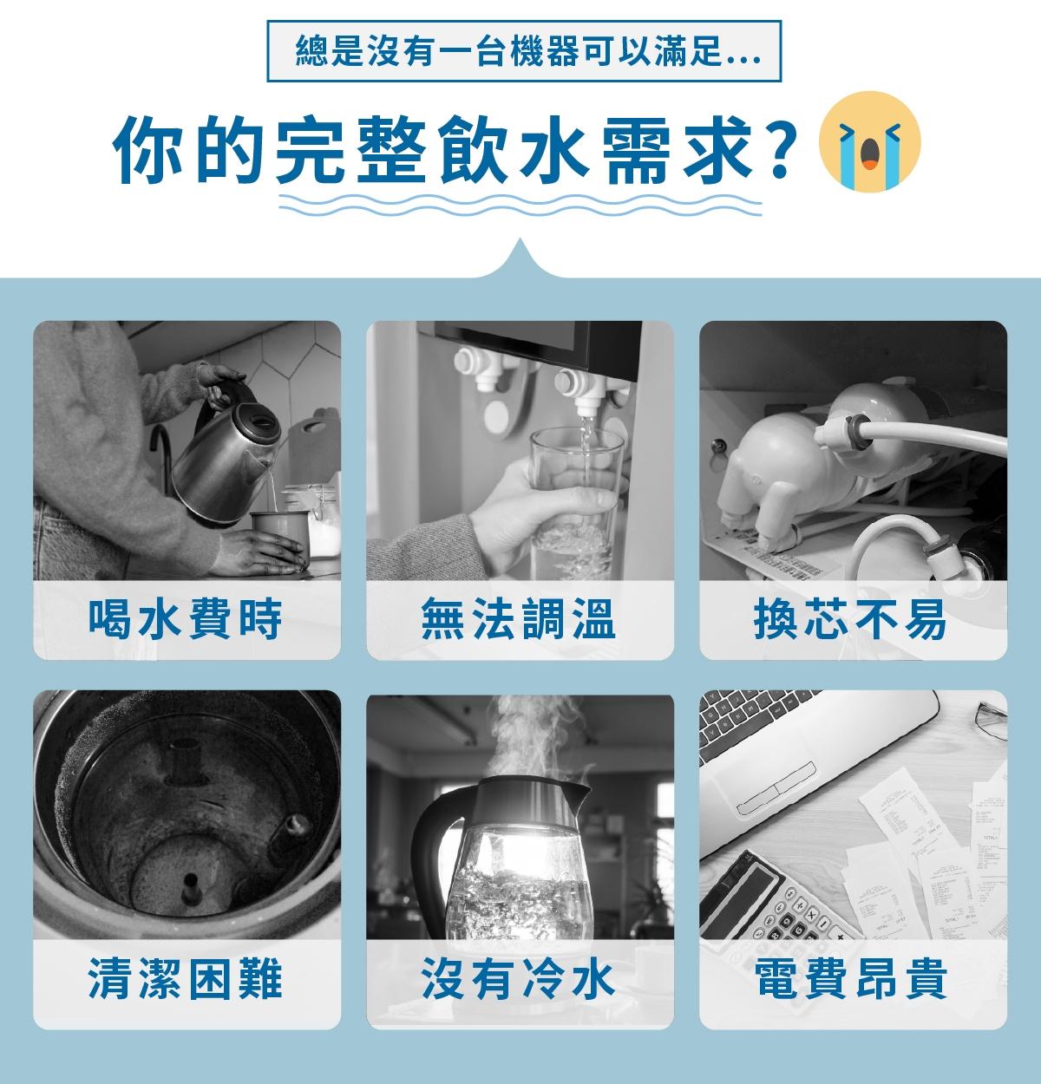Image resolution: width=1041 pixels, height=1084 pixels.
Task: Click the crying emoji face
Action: point(869,141)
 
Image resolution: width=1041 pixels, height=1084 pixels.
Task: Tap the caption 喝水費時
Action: point(186,619)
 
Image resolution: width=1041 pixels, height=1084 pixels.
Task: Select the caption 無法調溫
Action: point(519,619)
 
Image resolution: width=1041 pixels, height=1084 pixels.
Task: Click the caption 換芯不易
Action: point(851,619)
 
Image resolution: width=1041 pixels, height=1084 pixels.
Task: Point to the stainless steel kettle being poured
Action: point(223,457)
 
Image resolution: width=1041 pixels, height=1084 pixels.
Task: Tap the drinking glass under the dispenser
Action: point(577,504)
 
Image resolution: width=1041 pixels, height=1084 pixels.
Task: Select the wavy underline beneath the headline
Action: point(520,205)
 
